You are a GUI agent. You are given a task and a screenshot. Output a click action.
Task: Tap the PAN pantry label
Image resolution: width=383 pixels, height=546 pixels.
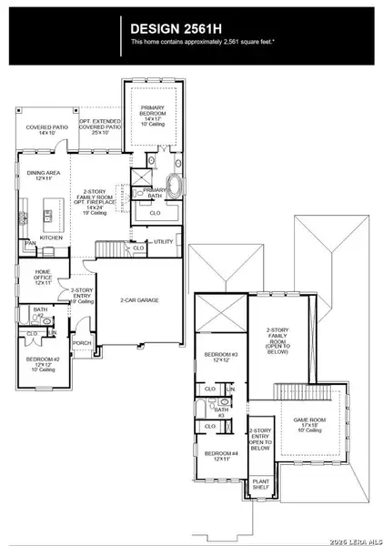coord(30,244)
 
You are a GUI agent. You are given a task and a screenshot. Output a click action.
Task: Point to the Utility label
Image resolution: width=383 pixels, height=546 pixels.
coord(163,241)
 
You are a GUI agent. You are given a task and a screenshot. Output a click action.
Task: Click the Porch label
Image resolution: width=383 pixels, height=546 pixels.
coord(82,344)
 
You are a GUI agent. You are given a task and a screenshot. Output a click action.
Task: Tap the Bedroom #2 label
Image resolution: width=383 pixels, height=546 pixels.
coord(42,361)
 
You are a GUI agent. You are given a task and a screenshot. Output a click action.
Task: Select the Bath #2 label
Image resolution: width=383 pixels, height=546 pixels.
coord(39,312)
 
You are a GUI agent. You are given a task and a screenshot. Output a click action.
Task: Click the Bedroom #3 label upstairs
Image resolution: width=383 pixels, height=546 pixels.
coord(221,356)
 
